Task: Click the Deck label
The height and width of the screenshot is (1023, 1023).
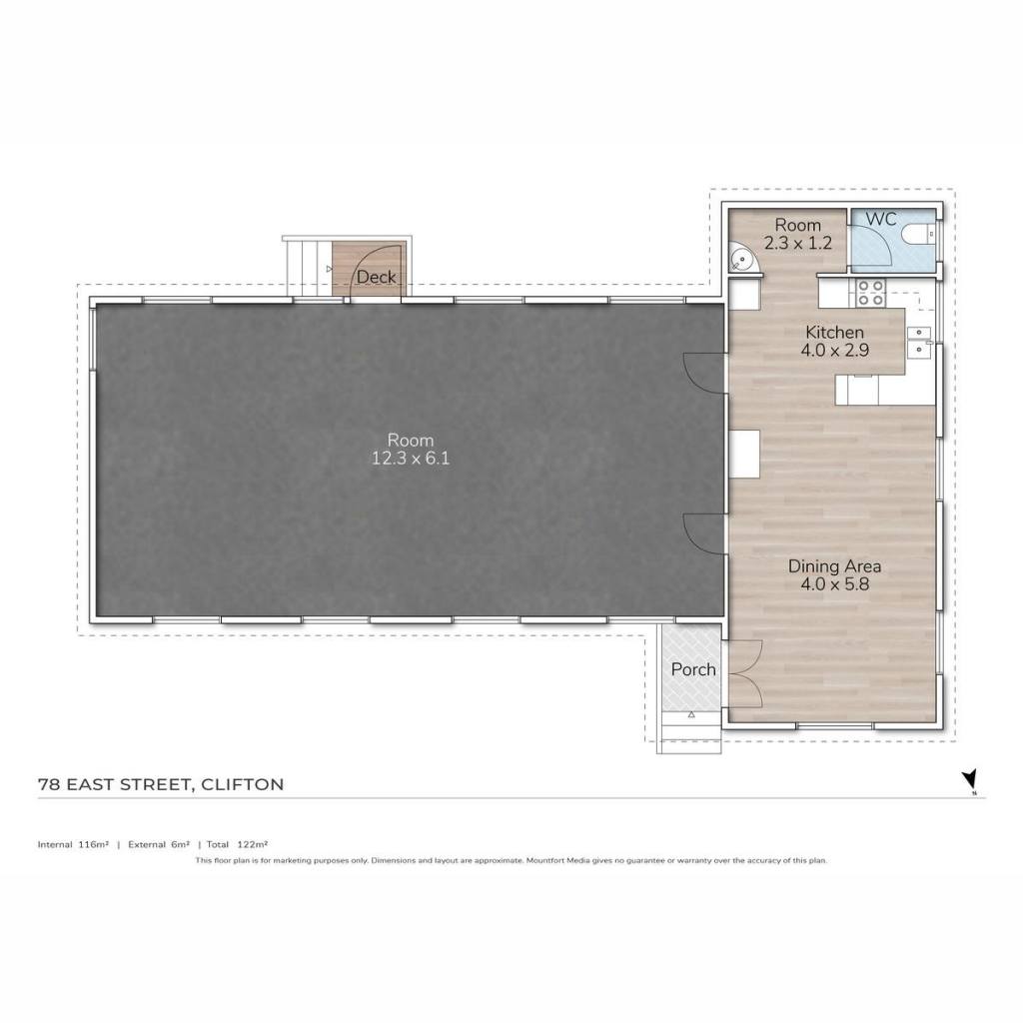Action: (376, 278)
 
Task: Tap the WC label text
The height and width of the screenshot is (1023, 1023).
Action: (881, 219)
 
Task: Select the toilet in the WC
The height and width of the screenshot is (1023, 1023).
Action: (919, 233)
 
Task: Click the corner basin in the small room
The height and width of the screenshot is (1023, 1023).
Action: (742, 257)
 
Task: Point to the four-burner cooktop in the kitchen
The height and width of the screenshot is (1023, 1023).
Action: (870, 293)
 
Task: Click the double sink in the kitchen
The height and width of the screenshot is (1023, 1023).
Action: (919, 342)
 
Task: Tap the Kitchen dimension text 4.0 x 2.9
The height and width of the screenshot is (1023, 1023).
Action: (834, 351)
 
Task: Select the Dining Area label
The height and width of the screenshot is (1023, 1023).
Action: (834, 565)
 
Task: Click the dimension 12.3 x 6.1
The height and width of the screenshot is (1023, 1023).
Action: (411, 458)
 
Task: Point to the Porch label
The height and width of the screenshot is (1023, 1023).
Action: (693, 669)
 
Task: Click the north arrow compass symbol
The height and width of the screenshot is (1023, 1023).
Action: (970, 780)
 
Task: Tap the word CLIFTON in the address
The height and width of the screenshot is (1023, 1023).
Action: (242, 784)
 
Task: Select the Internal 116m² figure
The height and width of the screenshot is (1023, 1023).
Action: (73, 844)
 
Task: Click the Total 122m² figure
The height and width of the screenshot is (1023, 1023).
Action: (238, 844)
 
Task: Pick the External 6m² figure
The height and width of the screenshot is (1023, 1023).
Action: (159, 844)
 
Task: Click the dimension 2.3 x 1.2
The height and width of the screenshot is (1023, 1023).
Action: (798, 244)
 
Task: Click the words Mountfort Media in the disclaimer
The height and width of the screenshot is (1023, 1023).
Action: (557, 860)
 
